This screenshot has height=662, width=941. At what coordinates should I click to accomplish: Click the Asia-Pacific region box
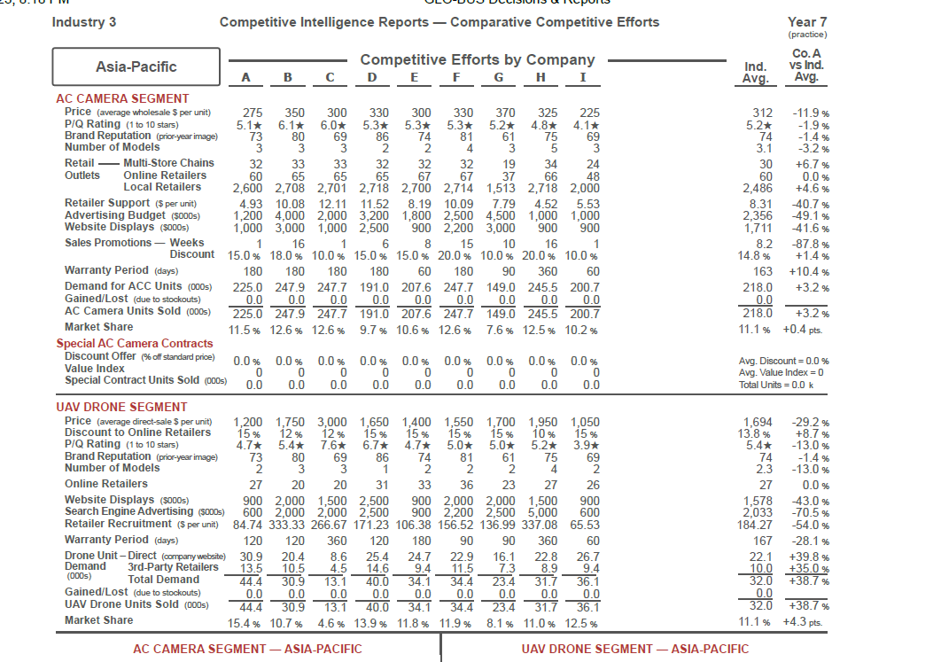tap(136, 67)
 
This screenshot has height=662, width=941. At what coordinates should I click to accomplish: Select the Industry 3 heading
tap(84, 21)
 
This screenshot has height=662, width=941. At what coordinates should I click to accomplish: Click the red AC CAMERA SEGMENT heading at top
tap(122, 98)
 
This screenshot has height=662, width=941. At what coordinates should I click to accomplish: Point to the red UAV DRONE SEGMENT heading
tap(121, 407)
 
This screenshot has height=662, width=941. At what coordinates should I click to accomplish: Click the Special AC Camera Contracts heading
tap(135, 343)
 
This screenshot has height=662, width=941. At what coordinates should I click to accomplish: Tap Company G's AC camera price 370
tap(505, 113)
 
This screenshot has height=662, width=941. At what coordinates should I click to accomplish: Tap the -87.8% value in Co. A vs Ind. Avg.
tap(810, 243)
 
